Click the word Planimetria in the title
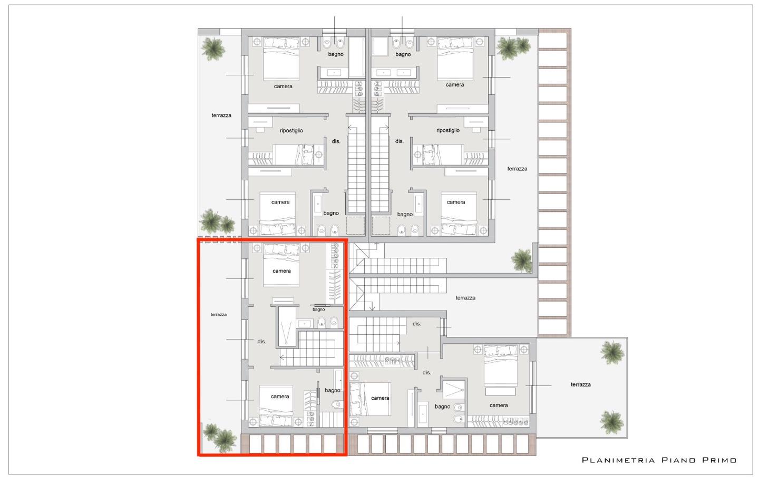619,460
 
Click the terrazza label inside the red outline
219,315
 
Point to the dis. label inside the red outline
261,342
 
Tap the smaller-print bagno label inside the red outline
318,310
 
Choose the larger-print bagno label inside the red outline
333,391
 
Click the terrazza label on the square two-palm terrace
580,384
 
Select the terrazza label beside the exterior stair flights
465,297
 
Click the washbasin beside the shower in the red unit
304,324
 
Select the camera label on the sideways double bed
380,398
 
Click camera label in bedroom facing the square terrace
499,405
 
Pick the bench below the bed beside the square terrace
500,391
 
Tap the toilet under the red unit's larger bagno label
337,404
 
